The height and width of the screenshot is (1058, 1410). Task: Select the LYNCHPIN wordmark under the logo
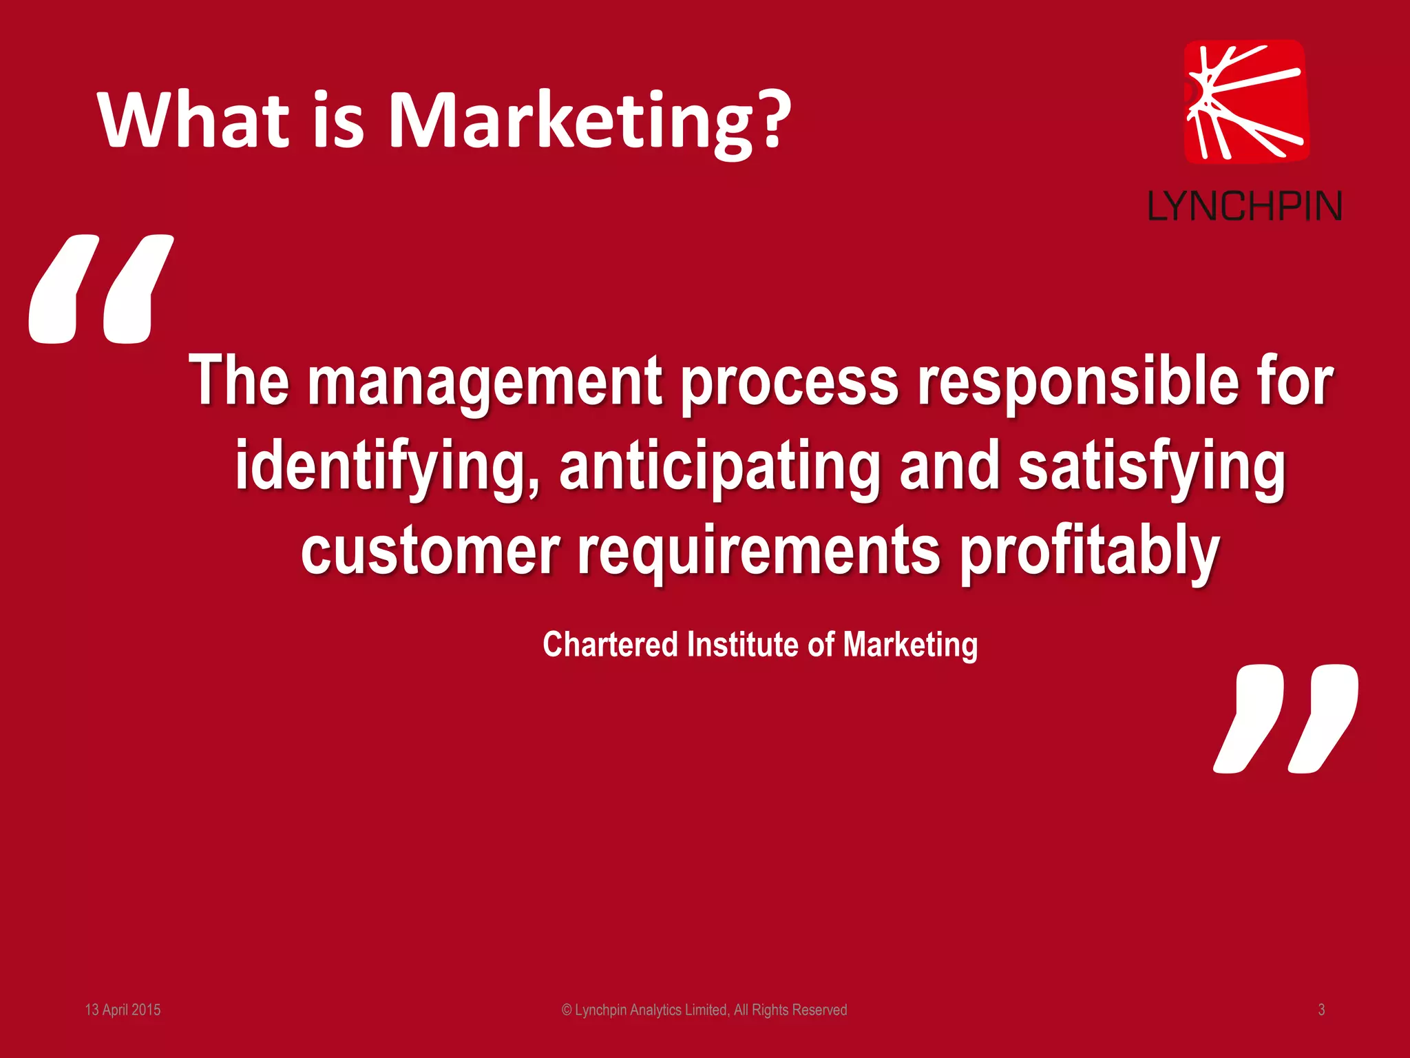[x=1245, y=206]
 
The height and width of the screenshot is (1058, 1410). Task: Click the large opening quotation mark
[x=101, y=289]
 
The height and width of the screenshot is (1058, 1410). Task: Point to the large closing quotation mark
[x=1285, y=718]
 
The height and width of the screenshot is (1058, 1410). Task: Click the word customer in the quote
[x=430, y=551]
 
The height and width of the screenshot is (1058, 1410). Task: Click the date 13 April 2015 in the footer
[x=123, y=1010]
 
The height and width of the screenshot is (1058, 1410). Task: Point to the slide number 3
[x=1321, y=1010]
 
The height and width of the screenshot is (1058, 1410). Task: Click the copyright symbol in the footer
[x=567, y=1010]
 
